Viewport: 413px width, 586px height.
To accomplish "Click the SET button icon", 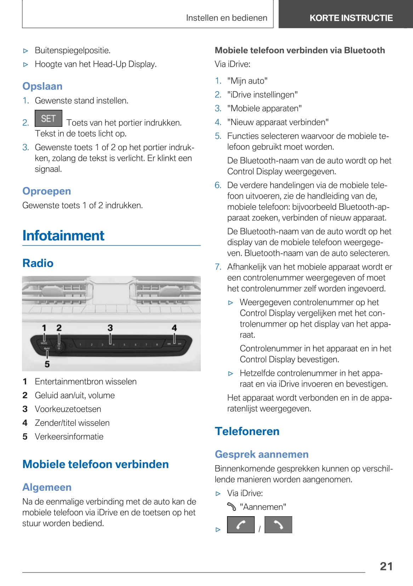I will pos(49,118).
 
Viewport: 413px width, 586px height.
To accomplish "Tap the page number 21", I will pos(386,566).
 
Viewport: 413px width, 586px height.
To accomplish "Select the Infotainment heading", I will pos(63,236).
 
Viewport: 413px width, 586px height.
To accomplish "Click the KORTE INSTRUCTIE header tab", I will pos(351,18).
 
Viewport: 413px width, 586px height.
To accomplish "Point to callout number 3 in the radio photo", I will pos(110,328).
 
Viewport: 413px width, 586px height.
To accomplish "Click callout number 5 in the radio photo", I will pos(47,364).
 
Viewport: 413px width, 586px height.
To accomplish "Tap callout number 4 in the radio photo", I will pos(174,328).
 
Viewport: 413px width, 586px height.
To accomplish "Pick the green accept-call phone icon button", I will pos(241,525).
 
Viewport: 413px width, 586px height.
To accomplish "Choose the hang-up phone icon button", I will pos(278,525).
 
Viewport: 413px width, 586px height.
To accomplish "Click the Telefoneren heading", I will pos(247,431).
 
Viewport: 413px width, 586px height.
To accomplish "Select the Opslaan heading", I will pos(43,86).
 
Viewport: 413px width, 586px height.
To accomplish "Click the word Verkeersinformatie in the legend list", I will pos(69,436).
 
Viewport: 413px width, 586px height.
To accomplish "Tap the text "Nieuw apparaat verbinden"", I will pos(278,122).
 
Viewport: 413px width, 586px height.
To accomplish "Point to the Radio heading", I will pos(38,263).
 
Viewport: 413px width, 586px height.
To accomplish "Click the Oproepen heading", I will pos(47,191).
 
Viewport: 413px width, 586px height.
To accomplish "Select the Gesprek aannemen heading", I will pos(262,454).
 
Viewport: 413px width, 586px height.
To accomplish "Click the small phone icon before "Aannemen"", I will pos(232,507).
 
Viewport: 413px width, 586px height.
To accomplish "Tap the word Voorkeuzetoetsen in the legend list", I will pos(68,409).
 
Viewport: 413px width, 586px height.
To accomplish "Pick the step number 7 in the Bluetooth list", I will pos(218,267).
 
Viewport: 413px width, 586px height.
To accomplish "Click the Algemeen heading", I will pos(47,487).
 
